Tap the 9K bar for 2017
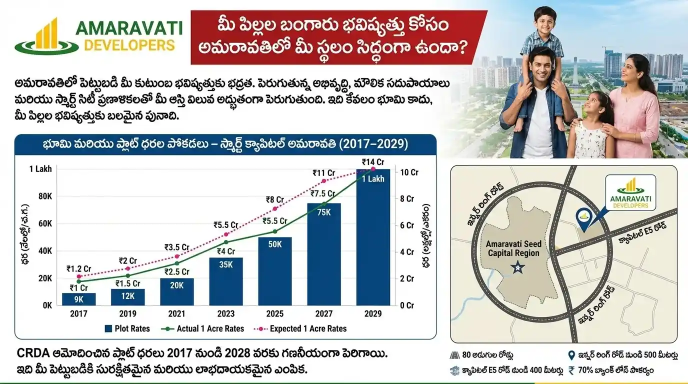[x=78, y=299]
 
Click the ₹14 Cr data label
[x=372, y=162]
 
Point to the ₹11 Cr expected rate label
[x=323, y=173]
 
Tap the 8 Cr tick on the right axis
[x=407, y=198]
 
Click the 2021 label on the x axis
[x=177, y=314]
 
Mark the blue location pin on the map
[x=583, y=216]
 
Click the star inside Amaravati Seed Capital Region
[x=514, y=268]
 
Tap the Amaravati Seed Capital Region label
[x=514, y=248]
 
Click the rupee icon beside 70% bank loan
[x=572, y=370]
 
